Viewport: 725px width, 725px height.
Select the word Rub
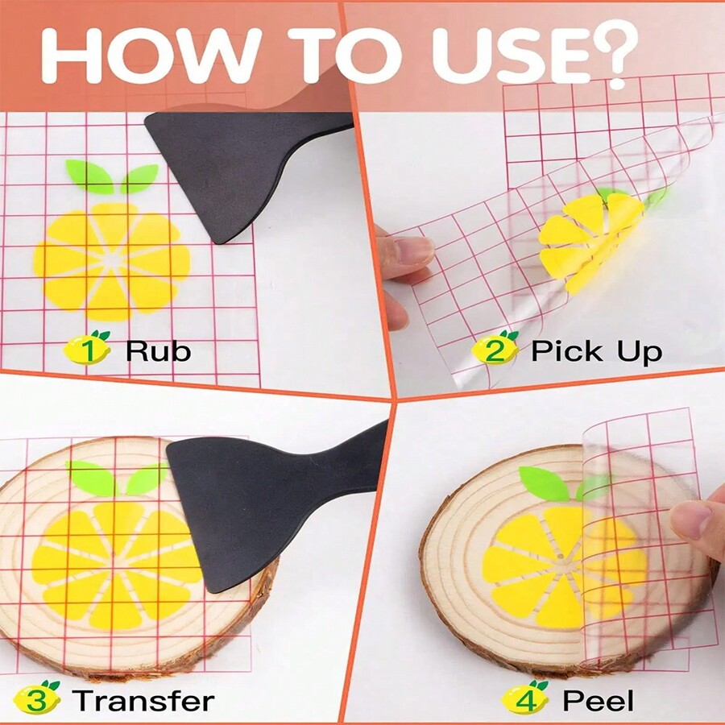158,350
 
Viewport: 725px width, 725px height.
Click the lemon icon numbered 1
88,349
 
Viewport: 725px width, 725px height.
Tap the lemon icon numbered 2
495,349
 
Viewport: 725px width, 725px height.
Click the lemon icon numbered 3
36,699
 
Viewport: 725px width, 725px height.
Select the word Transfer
143,701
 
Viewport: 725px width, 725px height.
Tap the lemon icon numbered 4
526,699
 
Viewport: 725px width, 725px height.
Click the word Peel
598,701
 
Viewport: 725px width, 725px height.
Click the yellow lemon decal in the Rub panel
112,263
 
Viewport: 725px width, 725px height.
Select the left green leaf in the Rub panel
89,176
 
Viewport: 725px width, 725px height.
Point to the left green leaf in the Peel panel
545,482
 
